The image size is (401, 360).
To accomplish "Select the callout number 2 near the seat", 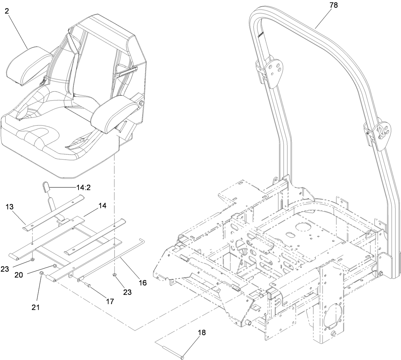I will click(x=7, y=11).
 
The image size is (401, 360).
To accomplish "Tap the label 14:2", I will click(x=82, y=187).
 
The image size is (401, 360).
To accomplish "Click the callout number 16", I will click(x=143, y=283).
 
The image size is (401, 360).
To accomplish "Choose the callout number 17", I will click(x=109, y=301).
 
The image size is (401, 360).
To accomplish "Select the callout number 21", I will click(x=36, y=307).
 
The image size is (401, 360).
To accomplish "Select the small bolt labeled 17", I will click(x=88, y=285).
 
